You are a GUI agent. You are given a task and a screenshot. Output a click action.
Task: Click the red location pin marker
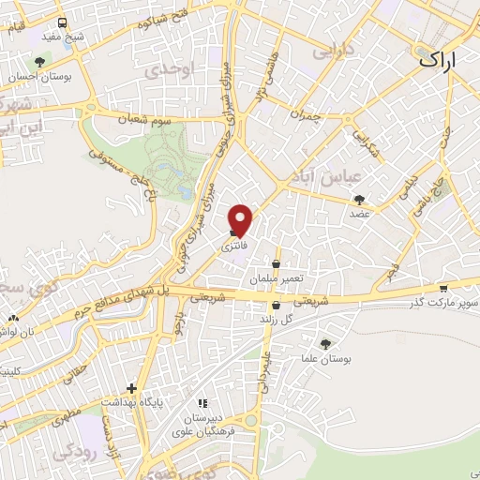pyautogui.click(x=241, y=219)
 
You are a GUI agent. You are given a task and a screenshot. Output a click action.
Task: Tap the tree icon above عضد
pyautogui.click(x=360, y=199)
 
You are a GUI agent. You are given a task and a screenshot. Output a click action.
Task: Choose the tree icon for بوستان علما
pyautogui.click(x=325, y=344)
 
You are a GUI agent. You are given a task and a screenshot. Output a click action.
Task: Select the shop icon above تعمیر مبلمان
pyautogui.click(x=275, y=265)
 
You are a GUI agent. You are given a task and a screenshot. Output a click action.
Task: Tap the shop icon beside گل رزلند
pyautogui.click(x=275, y=305)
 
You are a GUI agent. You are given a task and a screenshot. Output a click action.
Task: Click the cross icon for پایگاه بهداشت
pyautogui.click(x=132, y=388)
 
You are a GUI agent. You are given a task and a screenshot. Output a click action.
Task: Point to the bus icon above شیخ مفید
pyautogui.click(x=62, y=22)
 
